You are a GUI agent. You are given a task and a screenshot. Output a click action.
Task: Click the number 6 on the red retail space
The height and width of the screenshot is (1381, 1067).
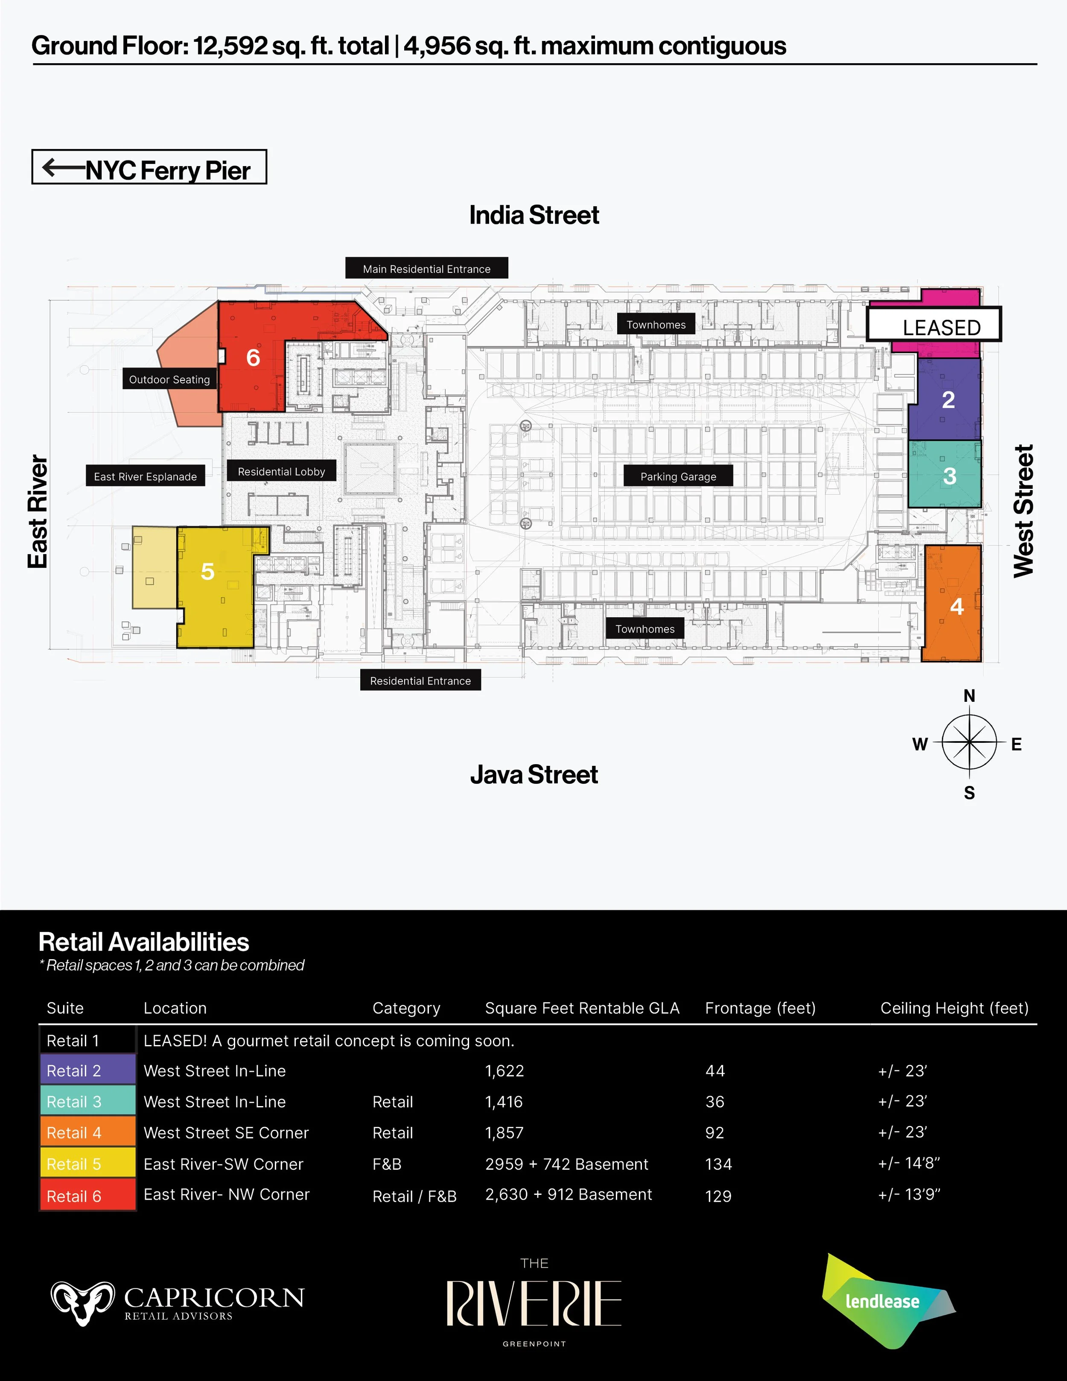coord(253,358)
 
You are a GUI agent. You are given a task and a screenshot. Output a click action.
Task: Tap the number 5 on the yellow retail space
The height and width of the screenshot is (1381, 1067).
coord(207,572)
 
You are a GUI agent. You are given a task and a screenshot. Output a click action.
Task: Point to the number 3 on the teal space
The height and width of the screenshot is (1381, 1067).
coord(950,476)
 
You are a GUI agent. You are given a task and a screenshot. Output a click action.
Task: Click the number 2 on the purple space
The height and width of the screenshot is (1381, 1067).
coord(948,400)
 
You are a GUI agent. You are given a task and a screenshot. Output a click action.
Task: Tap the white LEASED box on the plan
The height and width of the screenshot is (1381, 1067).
coord(934,324)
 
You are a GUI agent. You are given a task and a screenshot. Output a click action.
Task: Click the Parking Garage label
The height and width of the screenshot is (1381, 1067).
coord(678,476)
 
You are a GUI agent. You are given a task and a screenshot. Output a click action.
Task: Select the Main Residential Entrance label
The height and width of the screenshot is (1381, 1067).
coord(427,268)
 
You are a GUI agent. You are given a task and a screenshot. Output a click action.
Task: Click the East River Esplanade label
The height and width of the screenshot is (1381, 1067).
coord(146,476)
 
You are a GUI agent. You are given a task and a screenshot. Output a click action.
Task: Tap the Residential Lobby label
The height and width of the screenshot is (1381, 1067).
coord(281,471)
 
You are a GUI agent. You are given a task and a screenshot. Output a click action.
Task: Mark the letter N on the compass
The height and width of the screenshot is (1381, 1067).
coord(969,695)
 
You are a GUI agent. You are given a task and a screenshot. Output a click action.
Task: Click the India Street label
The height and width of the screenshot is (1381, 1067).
coord(533,215)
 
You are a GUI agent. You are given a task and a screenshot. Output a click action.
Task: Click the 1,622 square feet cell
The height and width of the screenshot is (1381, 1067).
coord(504,1071)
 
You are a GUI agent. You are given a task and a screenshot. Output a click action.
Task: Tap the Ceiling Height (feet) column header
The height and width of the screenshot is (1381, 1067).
coord(954,1008)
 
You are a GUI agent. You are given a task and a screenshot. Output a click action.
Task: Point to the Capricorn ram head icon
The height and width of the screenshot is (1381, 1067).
coord(83,1302)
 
